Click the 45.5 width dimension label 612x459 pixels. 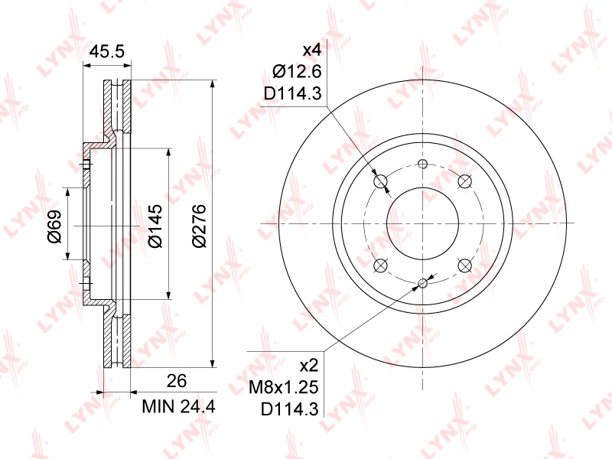click(106, 51)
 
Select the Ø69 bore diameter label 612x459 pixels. click(55, 226)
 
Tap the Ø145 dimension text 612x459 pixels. click(155, 226)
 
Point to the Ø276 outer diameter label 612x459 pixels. click(199, 226)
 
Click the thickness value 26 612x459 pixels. click(177, 380)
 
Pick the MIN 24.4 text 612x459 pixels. click(179, 407)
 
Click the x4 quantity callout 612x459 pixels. click(312, 50)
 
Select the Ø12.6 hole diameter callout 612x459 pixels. click(297, 72)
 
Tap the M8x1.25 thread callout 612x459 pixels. click(284, 388)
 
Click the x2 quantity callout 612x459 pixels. click(309, 366)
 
